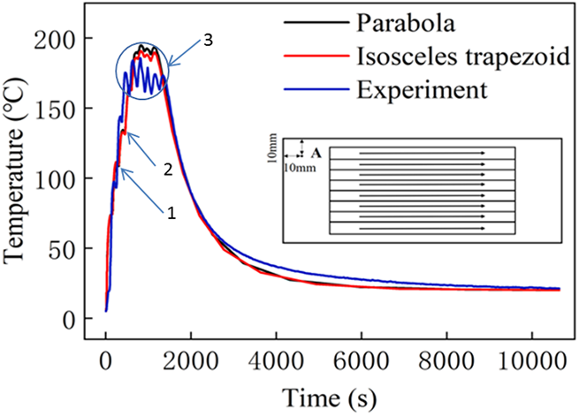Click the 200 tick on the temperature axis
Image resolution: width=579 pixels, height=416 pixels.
[71, 40]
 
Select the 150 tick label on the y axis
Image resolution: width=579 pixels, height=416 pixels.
[71, 110]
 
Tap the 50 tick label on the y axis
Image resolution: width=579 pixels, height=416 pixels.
[77, 249]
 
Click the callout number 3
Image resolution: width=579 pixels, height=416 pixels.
[207, 42]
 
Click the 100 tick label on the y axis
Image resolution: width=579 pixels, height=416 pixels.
[71, 179]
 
